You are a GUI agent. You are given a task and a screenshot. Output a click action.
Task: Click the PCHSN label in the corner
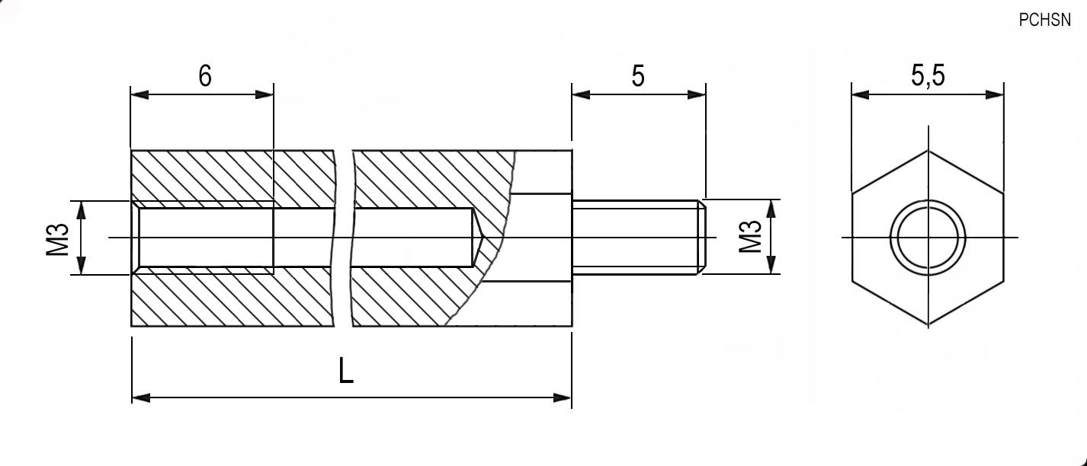pos(1044,20)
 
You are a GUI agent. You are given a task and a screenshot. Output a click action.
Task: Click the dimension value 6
pos(205,76)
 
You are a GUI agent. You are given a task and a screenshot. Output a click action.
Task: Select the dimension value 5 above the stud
pos(638,76)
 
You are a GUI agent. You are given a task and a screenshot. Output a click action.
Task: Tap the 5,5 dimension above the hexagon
pos(928,75)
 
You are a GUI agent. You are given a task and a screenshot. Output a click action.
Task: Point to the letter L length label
pos(345,371)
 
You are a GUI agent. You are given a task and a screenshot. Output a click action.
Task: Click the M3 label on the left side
pos(57,239)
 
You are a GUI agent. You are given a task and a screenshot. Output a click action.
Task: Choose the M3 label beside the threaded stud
pos(750,237)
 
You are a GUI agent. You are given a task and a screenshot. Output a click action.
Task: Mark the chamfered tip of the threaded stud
pos(702,237)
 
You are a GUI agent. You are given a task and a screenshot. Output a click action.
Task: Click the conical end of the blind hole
pos(479,238)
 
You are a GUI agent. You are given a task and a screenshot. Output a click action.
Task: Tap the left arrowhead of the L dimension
pos(141,397)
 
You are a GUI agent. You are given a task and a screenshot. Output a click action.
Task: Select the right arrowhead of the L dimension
pos(563,397)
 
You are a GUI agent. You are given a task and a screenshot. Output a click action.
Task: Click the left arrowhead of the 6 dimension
pos(139,94)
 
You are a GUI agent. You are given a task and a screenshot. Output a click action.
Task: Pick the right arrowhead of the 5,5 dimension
pos(995,94)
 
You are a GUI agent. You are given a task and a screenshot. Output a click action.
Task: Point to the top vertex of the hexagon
pos(928,151)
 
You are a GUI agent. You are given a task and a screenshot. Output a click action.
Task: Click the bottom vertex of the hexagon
pos(928,325)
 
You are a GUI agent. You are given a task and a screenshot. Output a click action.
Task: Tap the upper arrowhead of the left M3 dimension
pos(81,210)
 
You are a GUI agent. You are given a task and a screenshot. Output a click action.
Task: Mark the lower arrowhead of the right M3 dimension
pos(771,265)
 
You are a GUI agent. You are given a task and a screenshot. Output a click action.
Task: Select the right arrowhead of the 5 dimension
pos(697,94)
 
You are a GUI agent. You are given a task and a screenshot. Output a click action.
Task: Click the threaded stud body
pos(636,237)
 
